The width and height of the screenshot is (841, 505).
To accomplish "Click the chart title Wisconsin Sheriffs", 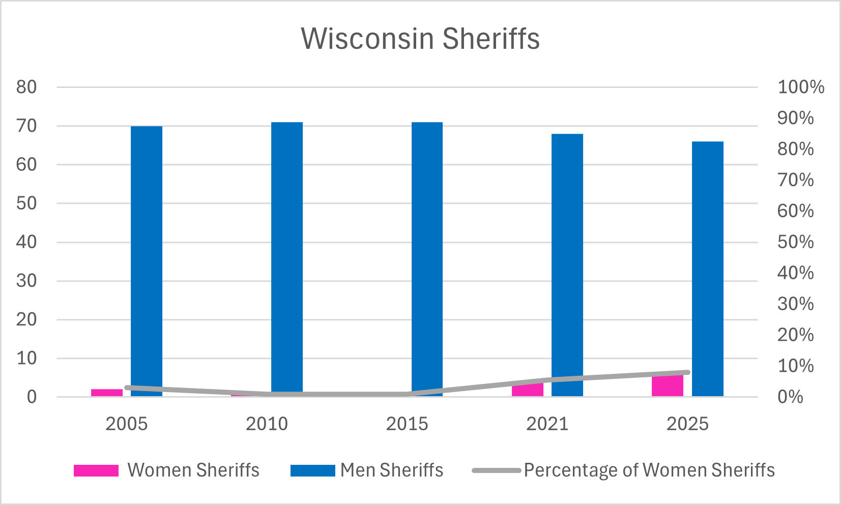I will pos(420,39).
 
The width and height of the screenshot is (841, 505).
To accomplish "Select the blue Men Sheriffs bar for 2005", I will pos(147,259).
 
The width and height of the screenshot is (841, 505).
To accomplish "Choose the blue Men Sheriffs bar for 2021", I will pos(567,264).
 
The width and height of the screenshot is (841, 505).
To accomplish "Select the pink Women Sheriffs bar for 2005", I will pos(107,393).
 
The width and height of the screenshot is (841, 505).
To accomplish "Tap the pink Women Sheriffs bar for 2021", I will pos(527,390).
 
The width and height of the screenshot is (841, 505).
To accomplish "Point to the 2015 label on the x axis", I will pos(407,424).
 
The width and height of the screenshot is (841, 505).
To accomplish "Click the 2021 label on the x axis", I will pos(547,424).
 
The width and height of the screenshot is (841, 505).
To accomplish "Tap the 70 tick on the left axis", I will pos(26,126).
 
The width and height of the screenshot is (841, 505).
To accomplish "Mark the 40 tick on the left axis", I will pos(26,242).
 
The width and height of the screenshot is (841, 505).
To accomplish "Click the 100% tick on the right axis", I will pos(800,87).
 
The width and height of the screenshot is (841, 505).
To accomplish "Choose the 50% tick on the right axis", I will pos(795,242).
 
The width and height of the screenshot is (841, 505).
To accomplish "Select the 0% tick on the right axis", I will pos(790,397).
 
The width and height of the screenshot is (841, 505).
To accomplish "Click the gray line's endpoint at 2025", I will pos(687,373).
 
